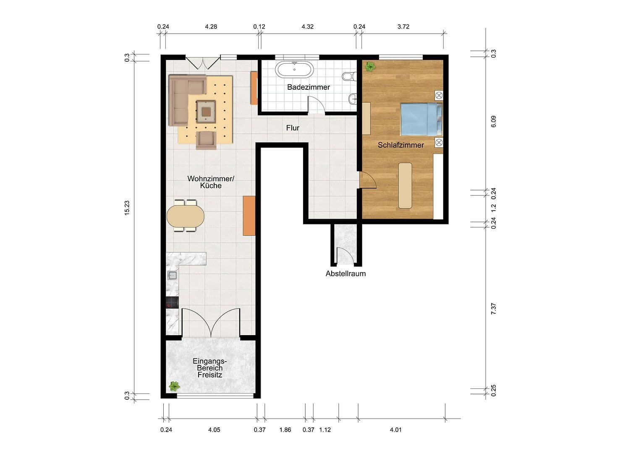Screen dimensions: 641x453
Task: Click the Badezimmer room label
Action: [x=309, y=87]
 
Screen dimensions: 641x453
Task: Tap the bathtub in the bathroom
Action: [x=294, y=70]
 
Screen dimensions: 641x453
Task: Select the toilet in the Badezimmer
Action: [x=349, y=76]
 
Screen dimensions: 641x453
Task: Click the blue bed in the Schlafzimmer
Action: [x=421, y=119]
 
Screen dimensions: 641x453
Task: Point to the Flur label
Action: [x=293, y=128]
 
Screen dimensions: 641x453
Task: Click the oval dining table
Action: [x=186, y=216]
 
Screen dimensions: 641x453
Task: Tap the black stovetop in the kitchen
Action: [x=172, y=302]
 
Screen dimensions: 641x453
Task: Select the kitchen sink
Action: [x=172, y=276]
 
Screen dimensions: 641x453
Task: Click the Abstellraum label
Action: [x=345, y=273]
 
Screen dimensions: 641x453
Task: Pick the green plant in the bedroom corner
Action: [x=370, y=67]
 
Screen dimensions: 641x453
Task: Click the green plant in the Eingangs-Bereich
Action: [x=174, y=386]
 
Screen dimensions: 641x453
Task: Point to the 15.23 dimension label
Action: [x=127, y=208]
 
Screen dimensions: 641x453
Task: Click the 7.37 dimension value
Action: [x=493, y=309]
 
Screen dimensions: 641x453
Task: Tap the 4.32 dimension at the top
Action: [x=308, y=26]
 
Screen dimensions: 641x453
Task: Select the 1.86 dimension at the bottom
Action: [x=285, y=430]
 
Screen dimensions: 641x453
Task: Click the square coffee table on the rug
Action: [x=206, y=112]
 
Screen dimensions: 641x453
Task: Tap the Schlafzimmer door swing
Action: [x=368, y=180]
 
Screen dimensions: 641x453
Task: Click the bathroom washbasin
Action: [x=353, y=99]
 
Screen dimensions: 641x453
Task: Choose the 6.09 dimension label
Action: [x=493, y=122]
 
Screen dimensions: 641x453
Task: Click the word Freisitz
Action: [x=210, y=375]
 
